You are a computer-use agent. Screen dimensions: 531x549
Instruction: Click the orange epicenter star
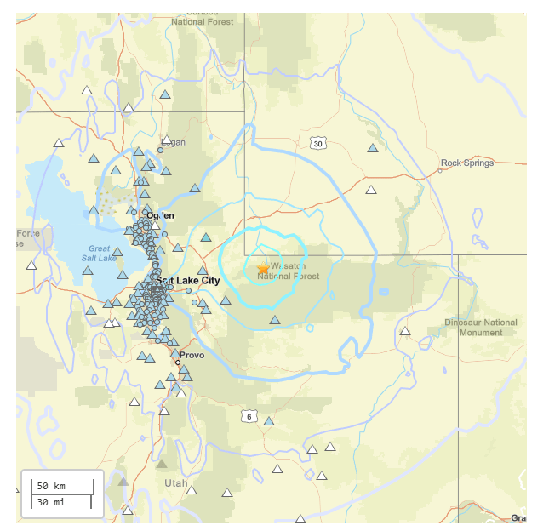coord(263,269)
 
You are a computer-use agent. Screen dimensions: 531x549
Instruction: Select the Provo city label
coord(192,355)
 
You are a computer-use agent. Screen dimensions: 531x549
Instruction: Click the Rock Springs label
coord(467,163)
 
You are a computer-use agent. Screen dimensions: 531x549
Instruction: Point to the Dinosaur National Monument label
coord(481,328)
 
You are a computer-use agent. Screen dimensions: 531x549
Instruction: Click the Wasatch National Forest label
coord(288,271)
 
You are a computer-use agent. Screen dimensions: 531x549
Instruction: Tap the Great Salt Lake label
coord(100,253)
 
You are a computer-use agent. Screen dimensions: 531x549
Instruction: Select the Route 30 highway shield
coord(317,144)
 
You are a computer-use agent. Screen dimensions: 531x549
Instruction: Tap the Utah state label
coord(175,482)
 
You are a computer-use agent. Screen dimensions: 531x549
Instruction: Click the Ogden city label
coord(160,215)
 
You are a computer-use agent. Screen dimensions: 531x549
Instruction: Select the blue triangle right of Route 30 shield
coord(372,149)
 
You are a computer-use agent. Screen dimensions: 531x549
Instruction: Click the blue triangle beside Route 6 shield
coord(269,420)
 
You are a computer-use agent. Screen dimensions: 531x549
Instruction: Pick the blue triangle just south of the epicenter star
coord(274,320)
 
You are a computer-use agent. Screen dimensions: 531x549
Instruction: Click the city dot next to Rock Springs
coord(440,170)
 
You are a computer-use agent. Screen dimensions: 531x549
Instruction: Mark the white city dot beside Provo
coord(177,362)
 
